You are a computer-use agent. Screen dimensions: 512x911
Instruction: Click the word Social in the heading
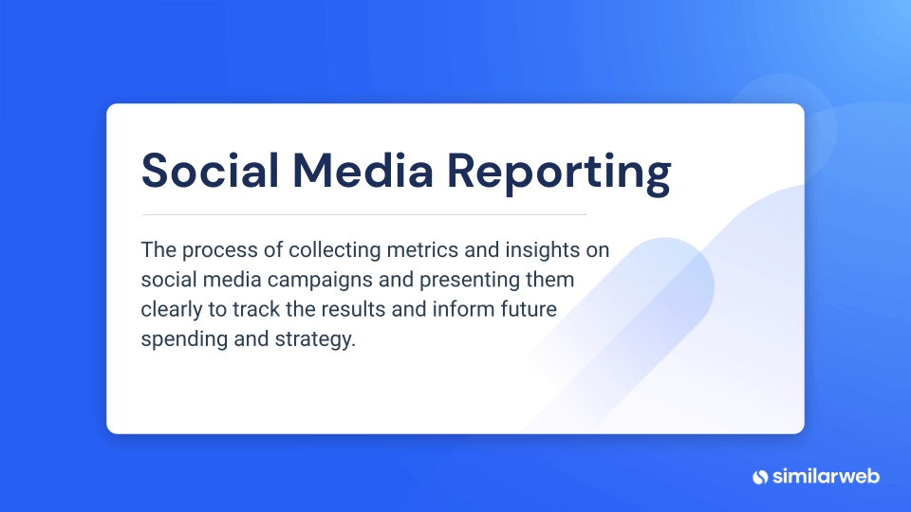[x=211, y=171]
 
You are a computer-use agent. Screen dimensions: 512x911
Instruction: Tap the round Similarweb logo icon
[x=760, y=476]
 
